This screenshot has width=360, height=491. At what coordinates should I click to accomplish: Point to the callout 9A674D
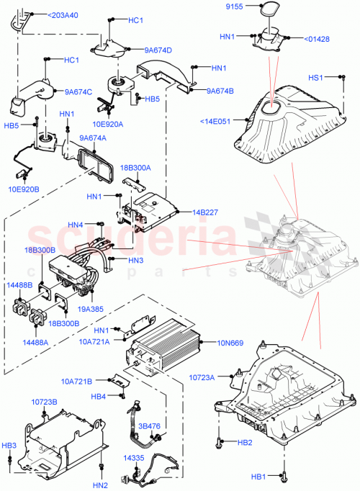coord(158,50)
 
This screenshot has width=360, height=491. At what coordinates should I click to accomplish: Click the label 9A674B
coord(221,91)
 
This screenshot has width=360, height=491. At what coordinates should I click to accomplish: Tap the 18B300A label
coord(137,167)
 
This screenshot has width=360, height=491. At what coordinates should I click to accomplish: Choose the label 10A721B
coord(78,379)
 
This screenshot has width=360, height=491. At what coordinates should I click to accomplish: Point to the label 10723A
coord(204,377)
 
